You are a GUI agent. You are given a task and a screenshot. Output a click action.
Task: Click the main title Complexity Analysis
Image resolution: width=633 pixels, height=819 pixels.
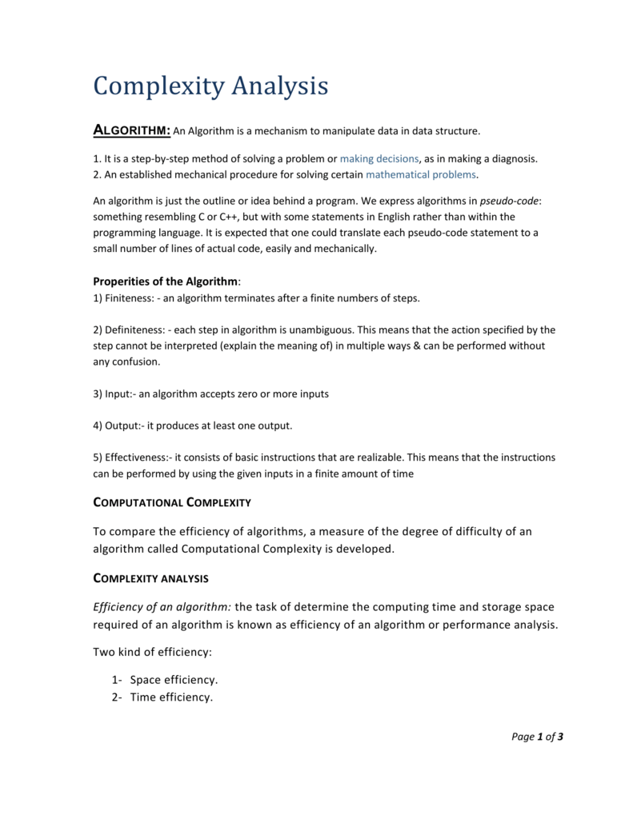[210, 86]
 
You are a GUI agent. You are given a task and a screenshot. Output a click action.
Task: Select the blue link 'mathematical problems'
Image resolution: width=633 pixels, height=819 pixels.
[421, 174]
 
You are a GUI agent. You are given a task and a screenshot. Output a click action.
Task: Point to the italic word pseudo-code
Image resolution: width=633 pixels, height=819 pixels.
[510, 201]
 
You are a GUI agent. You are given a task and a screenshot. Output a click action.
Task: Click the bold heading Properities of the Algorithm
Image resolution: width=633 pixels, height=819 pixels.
[166, 282]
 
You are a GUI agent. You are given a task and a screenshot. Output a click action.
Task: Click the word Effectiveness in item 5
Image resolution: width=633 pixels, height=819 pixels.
[137, 457]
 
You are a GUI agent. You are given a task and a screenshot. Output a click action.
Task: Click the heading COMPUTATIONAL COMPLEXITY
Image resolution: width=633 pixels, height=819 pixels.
[172, 502]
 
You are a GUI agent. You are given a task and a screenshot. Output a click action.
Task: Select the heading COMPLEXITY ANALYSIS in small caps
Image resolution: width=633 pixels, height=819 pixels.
[151, 577]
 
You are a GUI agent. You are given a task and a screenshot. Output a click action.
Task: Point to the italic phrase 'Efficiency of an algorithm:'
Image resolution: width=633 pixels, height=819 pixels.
[162, 607]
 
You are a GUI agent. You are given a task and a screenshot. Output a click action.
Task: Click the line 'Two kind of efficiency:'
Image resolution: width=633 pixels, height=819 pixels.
[152, 652]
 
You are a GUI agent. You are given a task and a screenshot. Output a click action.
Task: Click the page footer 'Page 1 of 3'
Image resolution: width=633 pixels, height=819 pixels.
[537, 737]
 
